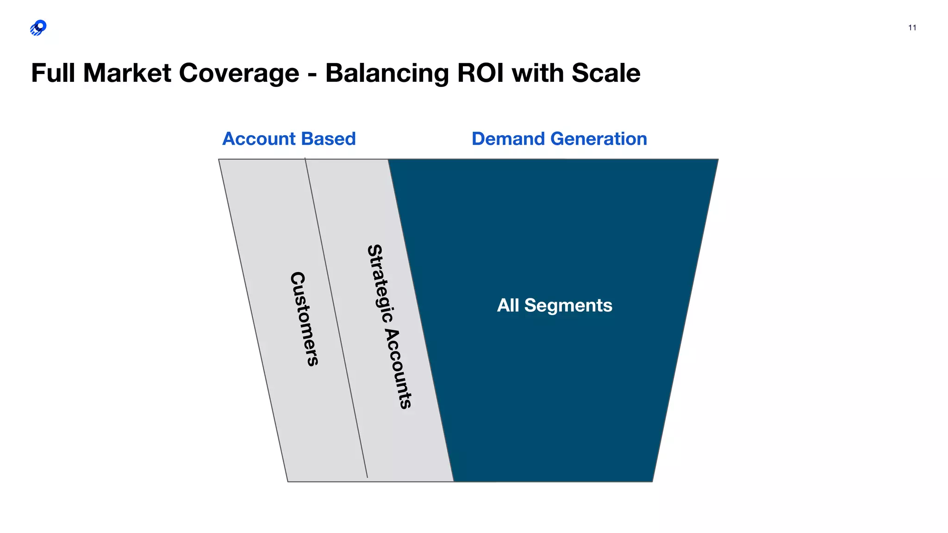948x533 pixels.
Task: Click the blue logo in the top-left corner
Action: tap(38, 28)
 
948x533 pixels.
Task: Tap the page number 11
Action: tap(912, 28)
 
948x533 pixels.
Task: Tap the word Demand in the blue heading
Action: tap(508, 139)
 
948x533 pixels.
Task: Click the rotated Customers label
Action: tap(304, 319)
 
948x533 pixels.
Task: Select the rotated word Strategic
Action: tap(380, 283)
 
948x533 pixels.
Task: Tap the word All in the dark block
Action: tap(508, 305)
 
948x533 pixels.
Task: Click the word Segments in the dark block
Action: tap(568, 305)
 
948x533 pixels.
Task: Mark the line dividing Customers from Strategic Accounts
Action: tap(336, 319)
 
